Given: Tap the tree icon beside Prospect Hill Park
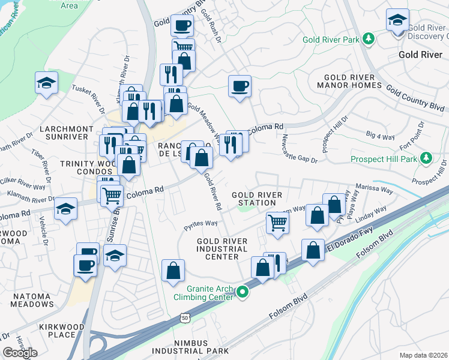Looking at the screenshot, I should tap(426, 158).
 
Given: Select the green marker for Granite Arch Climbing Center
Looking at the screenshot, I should tap(243, 292).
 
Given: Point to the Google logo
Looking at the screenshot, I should tap(20, 353).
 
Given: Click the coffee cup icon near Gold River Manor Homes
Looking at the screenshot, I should tap(240, 87).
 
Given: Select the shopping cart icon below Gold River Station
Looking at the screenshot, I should tap(277, 223).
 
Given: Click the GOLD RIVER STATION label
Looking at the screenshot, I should tap(254, 199).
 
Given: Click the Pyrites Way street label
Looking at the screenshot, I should tap(200, 223).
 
